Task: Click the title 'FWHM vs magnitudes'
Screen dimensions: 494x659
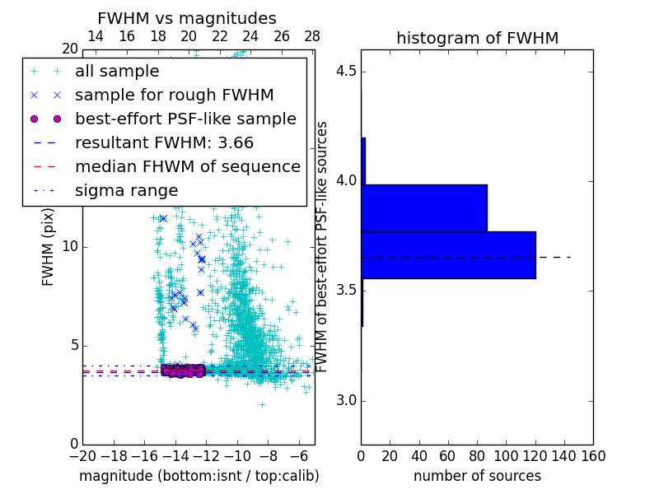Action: point(186,18)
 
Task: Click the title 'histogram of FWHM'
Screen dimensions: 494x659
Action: point(477,38)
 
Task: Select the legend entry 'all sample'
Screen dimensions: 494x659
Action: point(117,72)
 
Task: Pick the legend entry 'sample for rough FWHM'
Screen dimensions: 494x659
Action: point(174,96)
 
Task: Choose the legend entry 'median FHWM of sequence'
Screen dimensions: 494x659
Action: point(187,167)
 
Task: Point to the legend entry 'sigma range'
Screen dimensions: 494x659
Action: point(126,191)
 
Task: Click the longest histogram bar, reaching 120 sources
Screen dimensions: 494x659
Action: point(448,254)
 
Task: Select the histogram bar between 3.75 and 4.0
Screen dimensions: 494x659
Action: point(423,207)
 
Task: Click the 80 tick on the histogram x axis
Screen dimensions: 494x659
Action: point(477,455)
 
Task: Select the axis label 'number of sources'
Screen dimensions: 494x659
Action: point(477,476)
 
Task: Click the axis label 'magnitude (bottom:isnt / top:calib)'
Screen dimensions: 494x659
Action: point(199,476)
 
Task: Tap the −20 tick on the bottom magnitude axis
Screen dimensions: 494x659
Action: point(82,455)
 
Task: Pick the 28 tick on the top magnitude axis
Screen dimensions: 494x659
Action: point(312,36)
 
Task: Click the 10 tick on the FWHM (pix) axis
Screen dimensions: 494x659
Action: point(70,247)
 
